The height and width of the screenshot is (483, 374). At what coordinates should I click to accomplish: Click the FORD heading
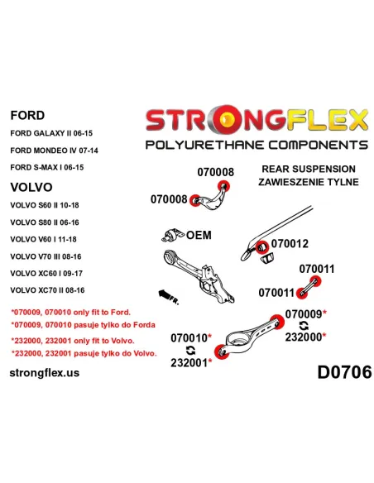tap(27, 115)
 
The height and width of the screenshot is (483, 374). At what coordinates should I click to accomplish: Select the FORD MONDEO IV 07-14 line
tap(55, 151)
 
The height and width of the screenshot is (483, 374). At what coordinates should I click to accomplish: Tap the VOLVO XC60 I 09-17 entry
tap(46, 273)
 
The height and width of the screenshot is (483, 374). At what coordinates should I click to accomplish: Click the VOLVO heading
tap(31, 187)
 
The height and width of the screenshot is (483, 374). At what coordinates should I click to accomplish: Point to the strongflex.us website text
tap(45, 373)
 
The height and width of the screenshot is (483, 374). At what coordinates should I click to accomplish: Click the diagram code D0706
tap(344, 372)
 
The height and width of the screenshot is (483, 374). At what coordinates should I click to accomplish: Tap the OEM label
tap(199, 235)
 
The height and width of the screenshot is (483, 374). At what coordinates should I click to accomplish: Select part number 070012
tap(290, 244)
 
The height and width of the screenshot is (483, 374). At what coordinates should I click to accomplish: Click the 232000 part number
tap(303, 337)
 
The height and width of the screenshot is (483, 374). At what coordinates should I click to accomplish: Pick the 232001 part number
tap(189, 363)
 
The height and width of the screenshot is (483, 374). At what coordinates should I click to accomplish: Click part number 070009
tap(304, 314)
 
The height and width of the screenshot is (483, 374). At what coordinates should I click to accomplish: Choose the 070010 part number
tap(189, 338)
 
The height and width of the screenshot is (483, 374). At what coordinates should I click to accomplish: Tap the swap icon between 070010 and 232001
tap(190, 350)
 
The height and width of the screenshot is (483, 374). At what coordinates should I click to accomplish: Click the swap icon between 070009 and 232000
tap(304, 326)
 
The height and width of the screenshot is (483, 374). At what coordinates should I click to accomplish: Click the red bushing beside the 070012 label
tap(261, 247)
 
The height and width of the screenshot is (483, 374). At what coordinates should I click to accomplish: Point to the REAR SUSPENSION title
tap(309, 169)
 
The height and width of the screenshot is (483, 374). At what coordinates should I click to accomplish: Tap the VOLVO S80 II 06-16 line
tap(45, 222)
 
